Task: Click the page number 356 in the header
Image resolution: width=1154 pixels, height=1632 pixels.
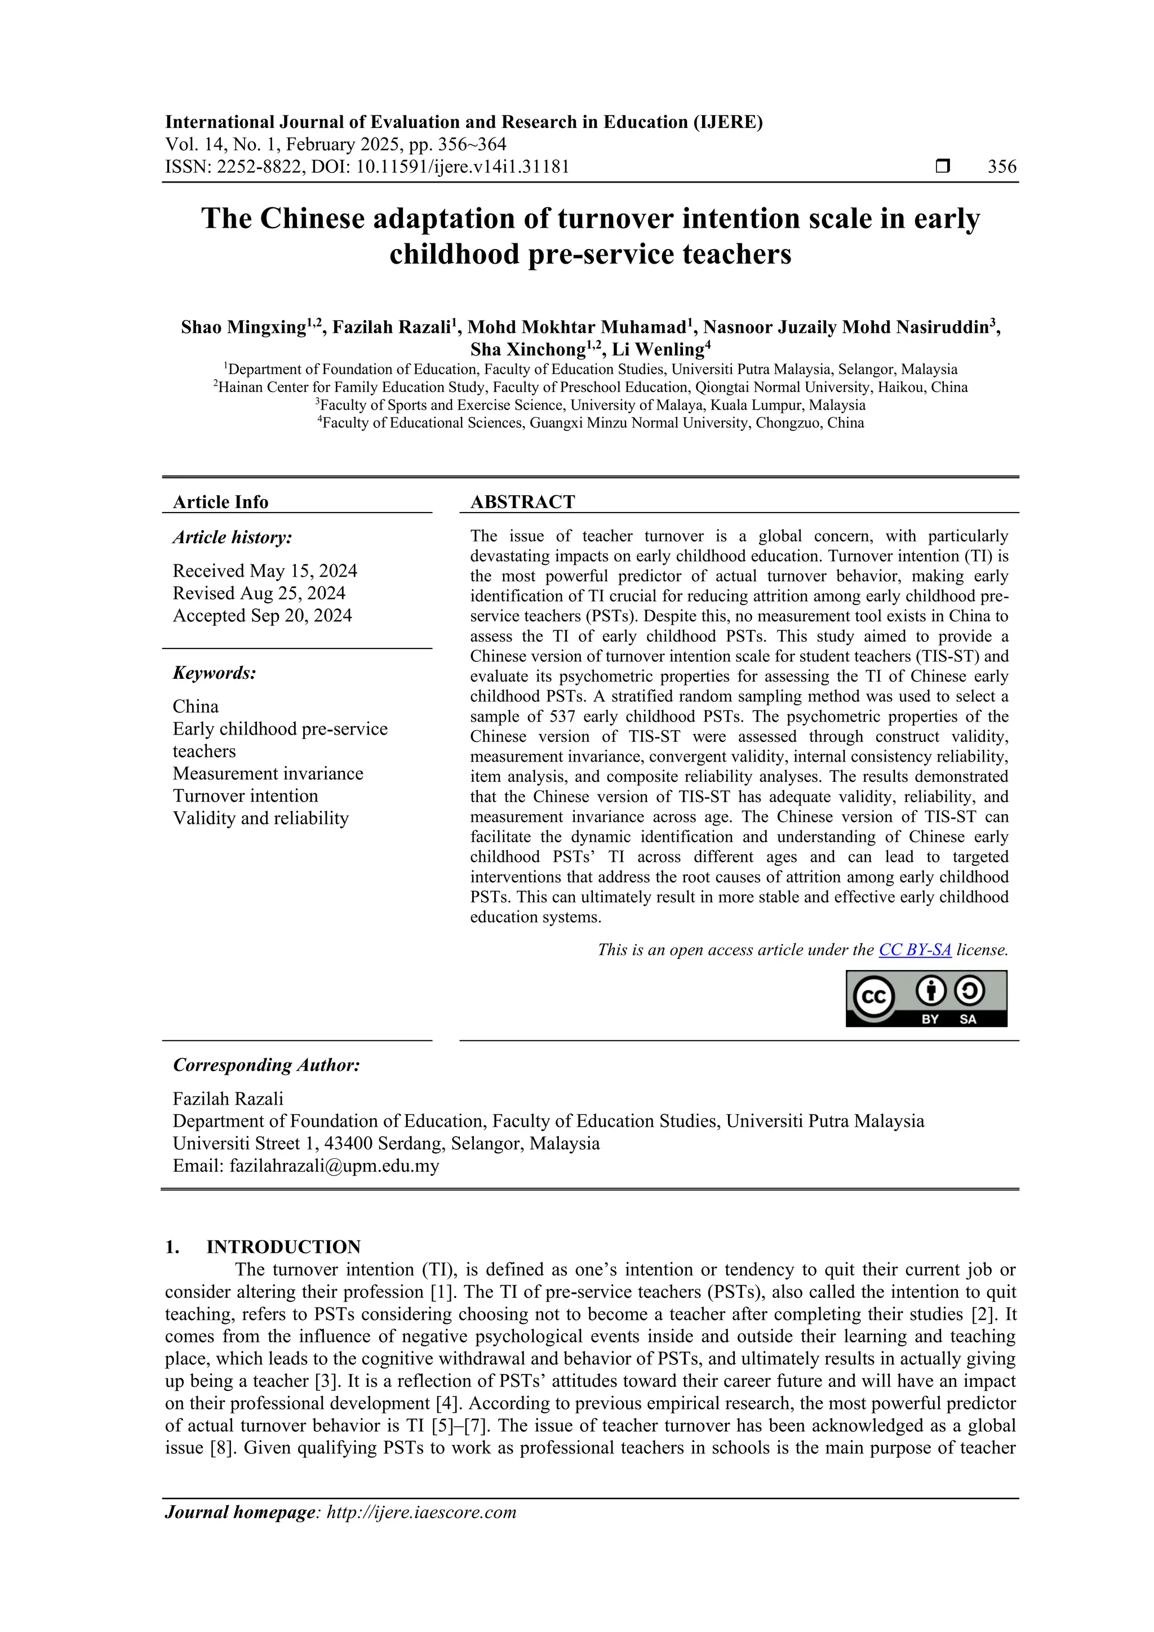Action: coord(1002,167)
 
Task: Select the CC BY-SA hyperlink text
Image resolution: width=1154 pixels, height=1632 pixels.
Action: coord(915,950)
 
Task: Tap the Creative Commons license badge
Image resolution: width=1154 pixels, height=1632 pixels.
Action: coord(926,998)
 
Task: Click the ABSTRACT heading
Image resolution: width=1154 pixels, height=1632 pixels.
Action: coord(522,502)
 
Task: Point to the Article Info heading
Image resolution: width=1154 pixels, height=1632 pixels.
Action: coord(220,502)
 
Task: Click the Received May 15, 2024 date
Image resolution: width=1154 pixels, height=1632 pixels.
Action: coord(264,571)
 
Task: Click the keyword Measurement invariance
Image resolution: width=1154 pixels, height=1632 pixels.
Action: coord(267,773)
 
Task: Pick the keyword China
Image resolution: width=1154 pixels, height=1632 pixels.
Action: coord(196,706)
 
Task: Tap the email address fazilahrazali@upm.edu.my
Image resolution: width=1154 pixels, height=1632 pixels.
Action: coord(334,1166)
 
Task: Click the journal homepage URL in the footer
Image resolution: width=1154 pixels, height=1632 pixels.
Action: coord(421,1512)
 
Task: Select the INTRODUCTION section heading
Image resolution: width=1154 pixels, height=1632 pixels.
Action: coord(283,1247)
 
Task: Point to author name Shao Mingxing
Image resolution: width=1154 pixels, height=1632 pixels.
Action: coord(243,328)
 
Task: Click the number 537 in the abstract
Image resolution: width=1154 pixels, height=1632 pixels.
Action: coord(562,717)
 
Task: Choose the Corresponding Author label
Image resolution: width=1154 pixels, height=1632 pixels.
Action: coord(266,1065)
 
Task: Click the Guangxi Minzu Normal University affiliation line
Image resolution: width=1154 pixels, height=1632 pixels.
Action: coord(590,423)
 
